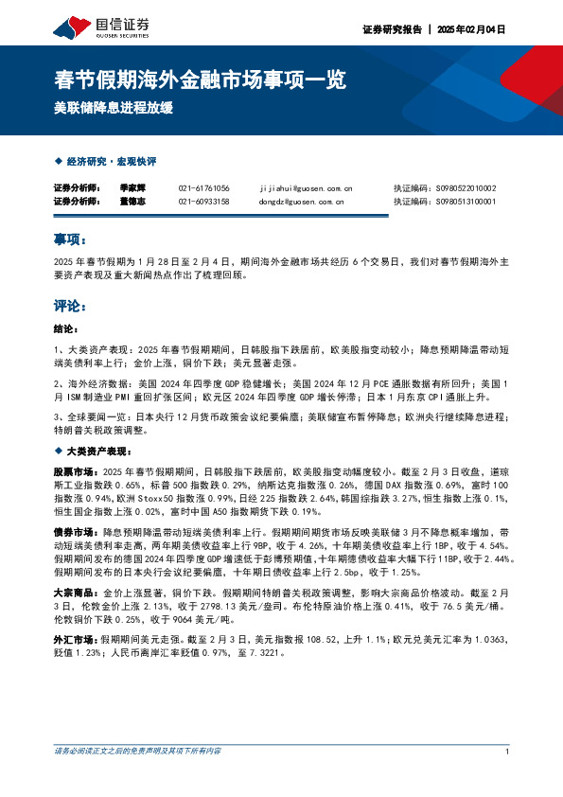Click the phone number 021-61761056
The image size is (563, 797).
coord(203,188)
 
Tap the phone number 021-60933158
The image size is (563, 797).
coord(203,202)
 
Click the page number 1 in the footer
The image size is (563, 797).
coord(508,752)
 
